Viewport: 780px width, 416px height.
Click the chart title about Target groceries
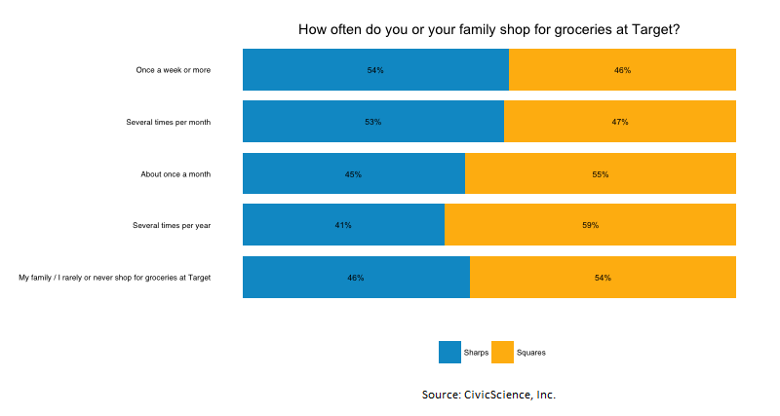488,30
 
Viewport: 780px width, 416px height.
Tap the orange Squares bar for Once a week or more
622,70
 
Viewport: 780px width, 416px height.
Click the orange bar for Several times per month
619,122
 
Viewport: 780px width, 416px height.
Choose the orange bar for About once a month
600,174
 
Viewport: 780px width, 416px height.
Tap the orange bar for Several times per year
590,225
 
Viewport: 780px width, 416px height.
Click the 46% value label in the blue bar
356,278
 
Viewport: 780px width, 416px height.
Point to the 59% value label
590,225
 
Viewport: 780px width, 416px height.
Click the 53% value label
372,122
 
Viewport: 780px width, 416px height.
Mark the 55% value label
600,174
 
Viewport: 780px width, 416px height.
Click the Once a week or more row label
174,70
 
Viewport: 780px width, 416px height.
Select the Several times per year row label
172,225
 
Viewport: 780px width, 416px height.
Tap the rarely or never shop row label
115,278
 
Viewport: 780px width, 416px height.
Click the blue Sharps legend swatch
449,352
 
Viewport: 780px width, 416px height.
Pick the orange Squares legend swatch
502,352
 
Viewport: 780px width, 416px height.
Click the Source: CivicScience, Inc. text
488,395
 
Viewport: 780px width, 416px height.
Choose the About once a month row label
175,174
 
